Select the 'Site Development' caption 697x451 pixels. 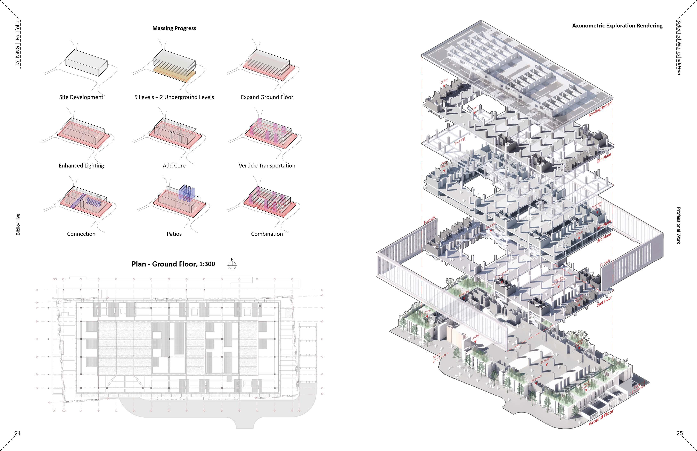81,97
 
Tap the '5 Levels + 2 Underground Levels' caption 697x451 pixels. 174,97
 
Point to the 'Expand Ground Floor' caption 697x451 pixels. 267,97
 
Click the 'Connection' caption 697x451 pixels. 81,234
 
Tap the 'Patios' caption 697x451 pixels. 174,234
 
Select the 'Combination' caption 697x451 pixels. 267,234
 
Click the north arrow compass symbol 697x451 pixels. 232,264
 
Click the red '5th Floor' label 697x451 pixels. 604,158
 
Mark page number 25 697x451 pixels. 679,433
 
